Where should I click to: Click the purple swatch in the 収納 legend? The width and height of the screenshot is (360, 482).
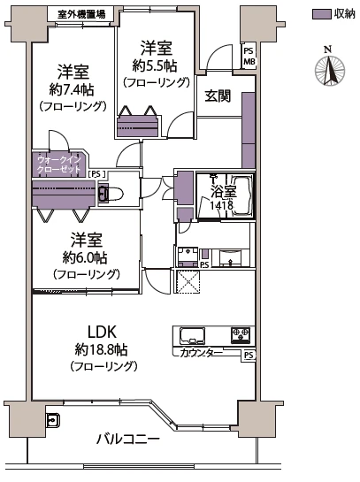pos(323,14)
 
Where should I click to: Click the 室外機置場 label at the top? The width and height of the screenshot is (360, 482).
pos(81,14)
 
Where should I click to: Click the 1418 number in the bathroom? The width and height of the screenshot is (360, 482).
pos(221,205)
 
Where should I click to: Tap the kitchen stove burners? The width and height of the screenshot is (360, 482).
pos(241,335)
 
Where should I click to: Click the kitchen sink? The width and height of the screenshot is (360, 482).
pos(193,336)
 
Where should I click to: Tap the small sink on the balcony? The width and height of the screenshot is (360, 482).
pos(52,420)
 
